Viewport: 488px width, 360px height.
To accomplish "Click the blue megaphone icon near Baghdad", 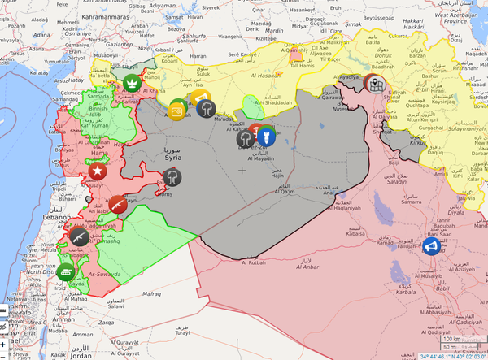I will point(431,244).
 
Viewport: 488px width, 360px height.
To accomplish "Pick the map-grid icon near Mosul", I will point(375,83).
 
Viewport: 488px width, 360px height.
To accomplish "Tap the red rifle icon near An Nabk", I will point(118,205).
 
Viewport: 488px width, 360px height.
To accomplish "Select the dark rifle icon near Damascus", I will point(80,236).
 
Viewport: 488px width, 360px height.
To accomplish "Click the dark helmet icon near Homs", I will point(172,177).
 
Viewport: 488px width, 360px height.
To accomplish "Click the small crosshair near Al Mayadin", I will point(242,170).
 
